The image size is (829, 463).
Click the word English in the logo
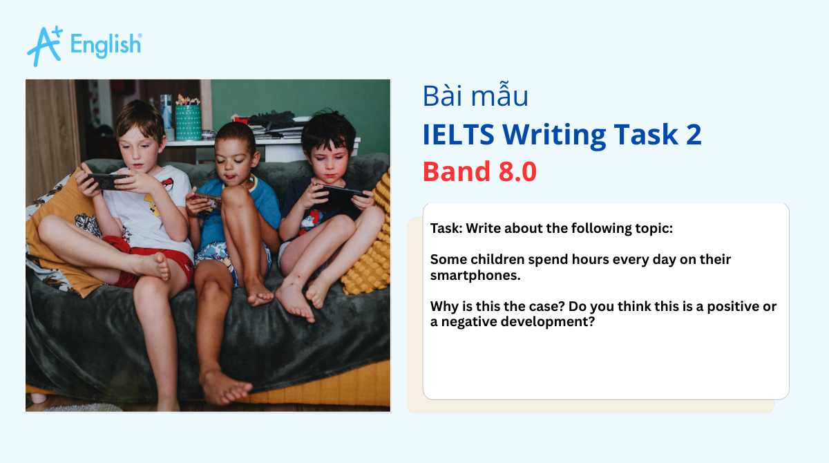(x=106, y=45)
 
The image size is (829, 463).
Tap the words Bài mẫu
(x=475, y=96)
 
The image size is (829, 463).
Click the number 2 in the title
(x=693, y=134)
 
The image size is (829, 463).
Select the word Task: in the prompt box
(x=446, y=228)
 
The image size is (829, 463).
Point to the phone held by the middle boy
(x=208, y=201)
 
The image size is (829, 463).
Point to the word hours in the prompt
(x=571, y=260)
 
